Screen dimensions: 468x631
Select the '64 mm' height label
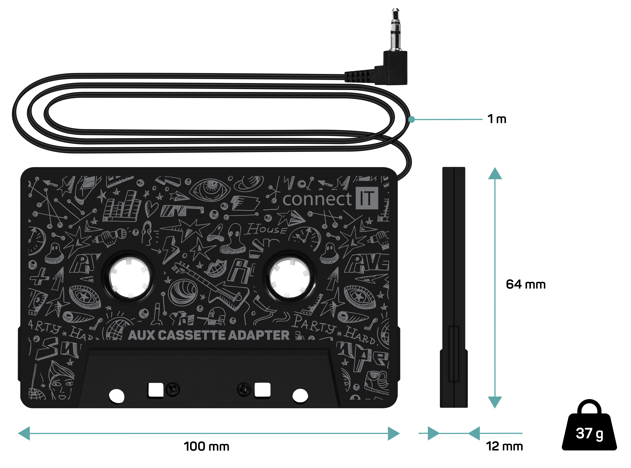526,284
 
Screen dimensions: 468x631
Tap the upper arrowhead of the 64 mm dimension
495,173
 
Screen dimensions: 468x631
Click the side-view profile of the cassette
454,288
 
